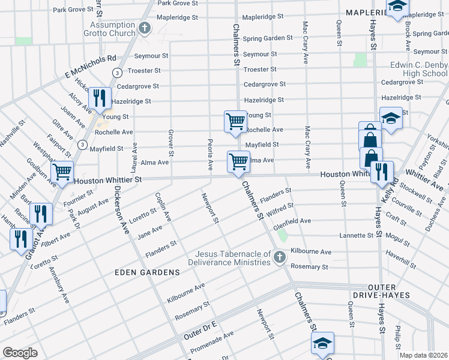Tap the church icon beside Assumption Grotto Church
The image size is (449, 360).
point(144,28)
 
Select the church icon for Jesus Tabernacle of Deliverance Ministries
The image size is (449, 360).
point(279,257)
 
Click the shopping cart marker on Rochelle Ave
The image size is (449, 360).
point(235,121)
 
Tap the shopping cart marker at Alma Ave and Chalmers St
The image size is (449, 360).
point(238,161)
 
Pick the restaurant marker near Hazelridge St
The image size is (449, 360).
point(99,98)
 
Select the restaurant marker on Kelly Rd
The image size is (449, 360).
point(382,172)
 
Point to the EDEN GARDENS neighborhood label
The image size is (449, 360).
point(147,272)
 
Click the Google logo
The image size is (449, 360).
point(20,353)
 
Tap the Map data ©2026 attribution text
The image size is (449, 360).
point(423,355)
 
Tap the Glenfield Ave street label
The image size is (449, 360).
point(292,221)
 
